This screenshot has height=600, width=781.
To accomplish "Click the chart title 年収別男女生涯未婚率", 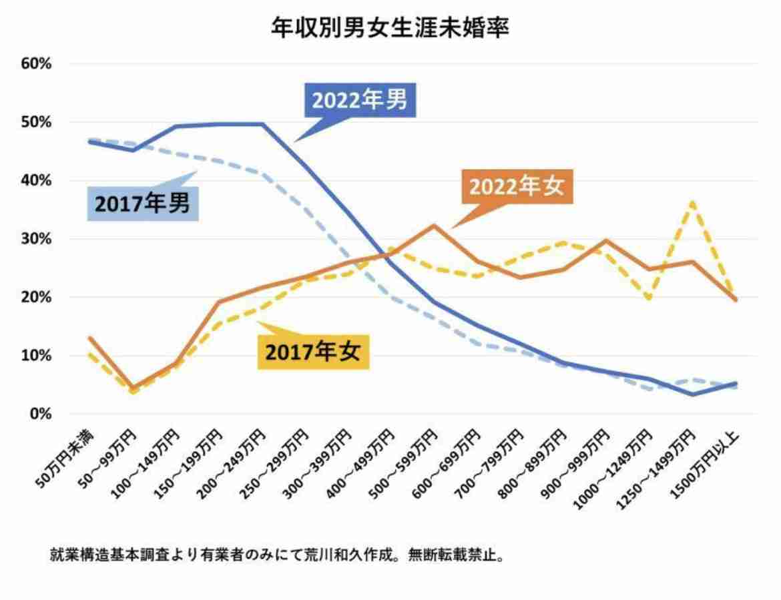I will tap(390, 28).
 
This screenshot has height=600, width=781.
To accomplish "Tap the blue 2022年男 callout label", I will tap(360, 101).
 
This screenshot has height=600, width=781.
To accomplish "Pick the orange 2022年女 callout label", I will tap(517, 186).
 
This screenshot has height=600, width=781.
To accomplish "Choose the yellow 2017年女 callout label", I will tap(313, 352).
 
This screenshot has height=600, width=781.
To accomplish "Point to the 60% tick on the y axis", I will tap(36, 64).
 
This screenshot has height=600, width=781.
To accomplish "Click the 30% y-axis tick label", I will tap(36, 239).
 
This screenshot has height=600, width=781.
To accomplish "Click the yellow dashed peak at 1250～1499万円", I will tap(694, 202).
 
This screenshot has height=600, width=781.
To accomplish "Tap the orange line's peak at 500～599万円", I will tap(434, 225).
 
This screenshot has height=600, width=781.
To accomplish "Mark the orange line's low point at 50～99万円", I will tap(132, 388).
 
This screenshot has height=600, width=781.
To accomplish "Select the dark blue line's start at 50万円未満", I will tap(89, 141).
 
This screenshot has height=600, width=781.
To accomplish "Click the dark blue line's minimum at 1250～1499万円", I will tap(694, 394).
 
